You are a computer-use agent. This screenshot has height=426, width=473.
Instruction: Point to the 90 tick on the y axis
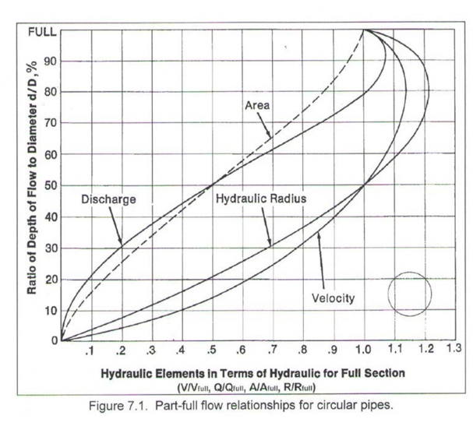click(x=46, y=62)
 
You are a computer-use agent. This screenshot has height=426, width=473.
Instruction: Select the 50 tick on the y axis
click(x=46, y=185)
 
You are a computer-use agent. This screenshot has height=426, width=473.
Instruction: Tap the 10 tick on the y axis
click(x=46, y=311)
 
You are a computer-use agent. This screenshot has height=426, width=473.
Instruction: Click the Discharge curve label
click(x=108, y=200)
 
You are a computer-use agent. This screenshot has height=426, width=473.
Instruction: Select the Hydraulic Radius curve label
click(x=261, y=199)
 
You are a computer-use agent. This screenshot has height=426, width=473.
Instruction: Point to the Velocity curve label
click(x=334, y=298)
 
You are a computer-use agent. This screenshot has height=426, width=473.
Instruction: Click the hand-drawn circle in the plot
click(x=410, y=293)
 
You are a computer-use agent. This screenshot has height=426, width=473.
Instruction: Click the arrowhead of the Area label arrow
click(x=270, y=137)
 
